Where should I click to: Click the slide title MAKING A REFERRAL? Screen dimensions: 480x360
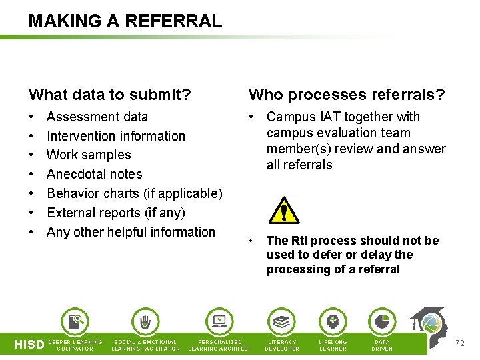click(x=125, y=21)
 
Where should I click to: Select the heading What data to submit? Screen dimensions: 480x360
click(x=110, y=95)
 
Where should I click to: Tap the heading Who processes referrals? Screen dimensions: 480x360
click(x=347, y=95)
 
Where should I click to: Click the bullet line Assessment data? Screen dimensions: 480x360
click(x=97, y=117)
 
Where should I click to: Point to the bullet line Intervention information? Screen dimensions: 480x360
click(x=116, y=136)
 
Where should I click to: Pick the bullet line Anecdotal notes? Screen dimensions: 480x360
click(x=95, y=175)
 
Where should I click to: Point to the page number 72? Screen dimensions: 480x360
click(x=459, y=343)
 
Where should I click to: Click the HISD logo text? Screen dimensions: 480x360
click(x=29, y=345)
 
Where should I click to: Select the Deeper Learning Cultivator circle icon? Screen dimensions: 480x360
click(x=75, y=322)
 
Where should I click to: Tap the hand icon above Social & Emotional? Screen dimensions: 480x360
click(x=145, y=322)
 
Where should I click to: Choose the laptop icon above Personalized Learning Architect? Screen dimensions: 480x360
click(x=219, y=322)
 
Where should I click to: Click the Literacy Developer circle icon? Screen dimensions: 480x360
click(x=282, y=322)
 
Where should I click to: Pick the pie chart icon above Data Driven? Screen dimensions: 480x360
click(x=382, y=322)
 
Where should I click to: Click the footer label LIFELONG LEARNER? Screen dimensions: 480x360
click(x=333, y=345)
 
